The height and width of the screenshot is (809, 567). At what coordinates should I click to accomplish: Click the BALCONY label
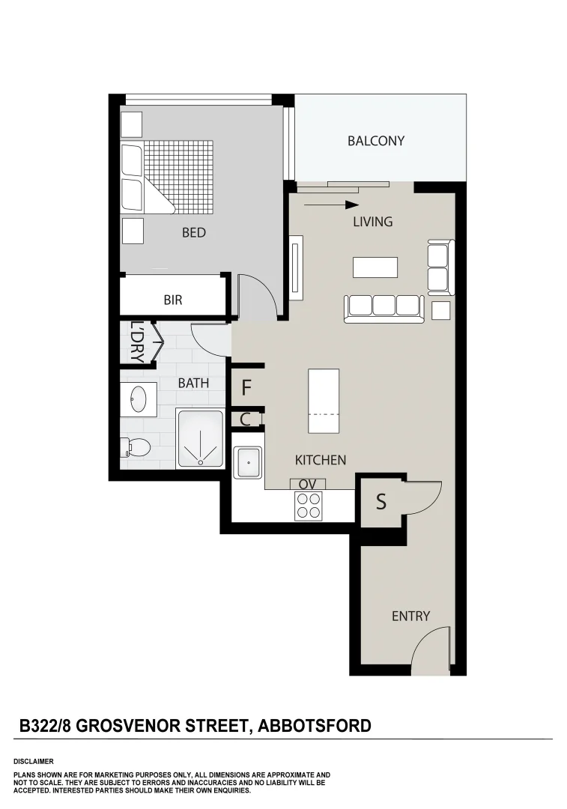tap(375, 141)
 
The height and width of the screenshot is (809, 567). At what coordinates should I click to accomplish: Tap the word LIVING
tap(372, 222)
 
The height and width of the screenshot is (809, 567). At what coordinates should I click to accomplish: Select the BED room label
tap(193, 233)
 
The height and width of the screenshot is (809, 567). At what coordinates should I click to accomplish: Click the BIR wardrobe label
tap(173, 300)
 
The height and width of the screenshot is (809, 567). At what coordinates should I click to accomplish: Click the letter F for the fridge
tap(246, 389)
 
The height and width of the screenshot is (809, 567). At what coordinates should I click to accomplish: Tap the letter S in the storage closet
tap(380, 502)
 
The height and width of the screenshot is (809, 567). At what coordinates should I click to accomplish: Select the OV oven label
tap(307, 484)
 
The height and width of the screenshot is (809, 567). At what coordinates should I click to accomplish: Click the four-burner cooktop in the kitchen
tap(308, 506)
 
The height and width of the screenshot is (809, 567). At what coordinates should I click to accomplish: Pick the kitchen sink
tap(247, 463)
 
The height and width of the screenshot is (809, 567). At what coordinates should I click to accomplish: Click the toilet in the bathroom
tap(138, 448)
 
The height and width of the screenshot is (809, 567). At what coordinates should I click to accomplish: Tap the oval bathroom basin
tap(139, 399)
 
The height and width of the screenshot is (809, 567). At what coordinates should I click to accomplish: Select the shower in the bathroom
tap(200, 439)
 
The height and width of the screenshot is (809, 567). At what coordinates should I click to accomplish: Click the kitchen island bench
tap(324, 401)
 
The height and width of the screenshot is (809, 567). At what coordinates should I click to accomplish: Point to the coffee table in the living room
tap(375, 267)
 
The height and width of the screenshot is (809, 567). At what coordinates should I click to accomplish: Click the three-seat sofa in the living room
tap(383, 307)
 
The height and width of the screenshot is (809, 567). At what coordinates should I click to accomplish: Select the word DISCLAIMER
tap(34, 761)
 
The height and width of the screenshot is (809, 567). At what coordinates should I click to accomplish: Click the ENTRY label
tap(410, 616)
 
